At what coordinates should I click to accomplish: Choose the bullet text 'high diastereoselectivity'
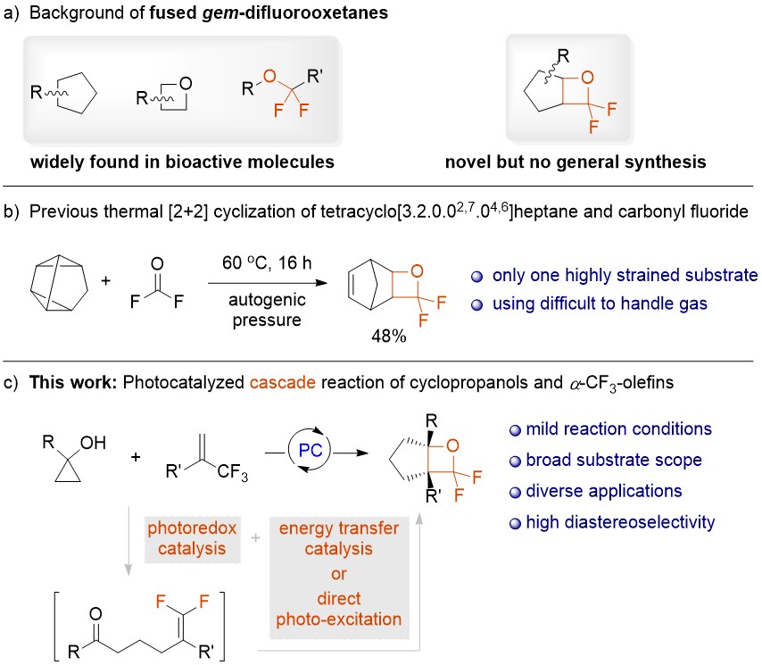tap(626, 521)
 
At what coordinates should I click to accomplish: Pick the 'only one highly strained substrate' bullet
tap(618, 273)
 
